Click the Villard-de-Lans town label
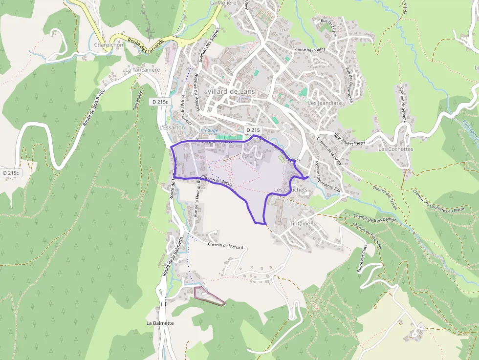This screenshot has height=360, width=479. coord(231,91)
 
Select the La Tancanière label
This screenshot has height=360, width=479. coord(142,70)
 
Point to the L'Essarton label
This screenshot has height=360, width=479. coord(172,127)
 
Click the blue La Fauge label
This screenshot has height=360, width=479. coord(209,130)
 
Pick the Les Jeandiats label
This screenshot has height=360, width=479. coord(324,103)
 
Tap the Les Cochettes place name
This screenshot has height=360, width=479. coord(395,149)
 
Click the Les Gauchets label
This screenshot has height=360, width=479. coord(291,190)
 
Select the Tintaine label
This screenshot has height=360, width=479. coord(300,223)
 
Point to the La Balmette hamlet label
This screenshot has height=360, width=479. coord(160,323)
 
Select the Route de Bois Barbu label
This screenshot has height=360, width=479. coord(94,108)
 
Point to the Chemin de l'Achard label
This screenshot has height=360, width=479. coord(225,246)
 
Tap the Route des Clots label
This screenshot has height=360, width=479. coord(362,259)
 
